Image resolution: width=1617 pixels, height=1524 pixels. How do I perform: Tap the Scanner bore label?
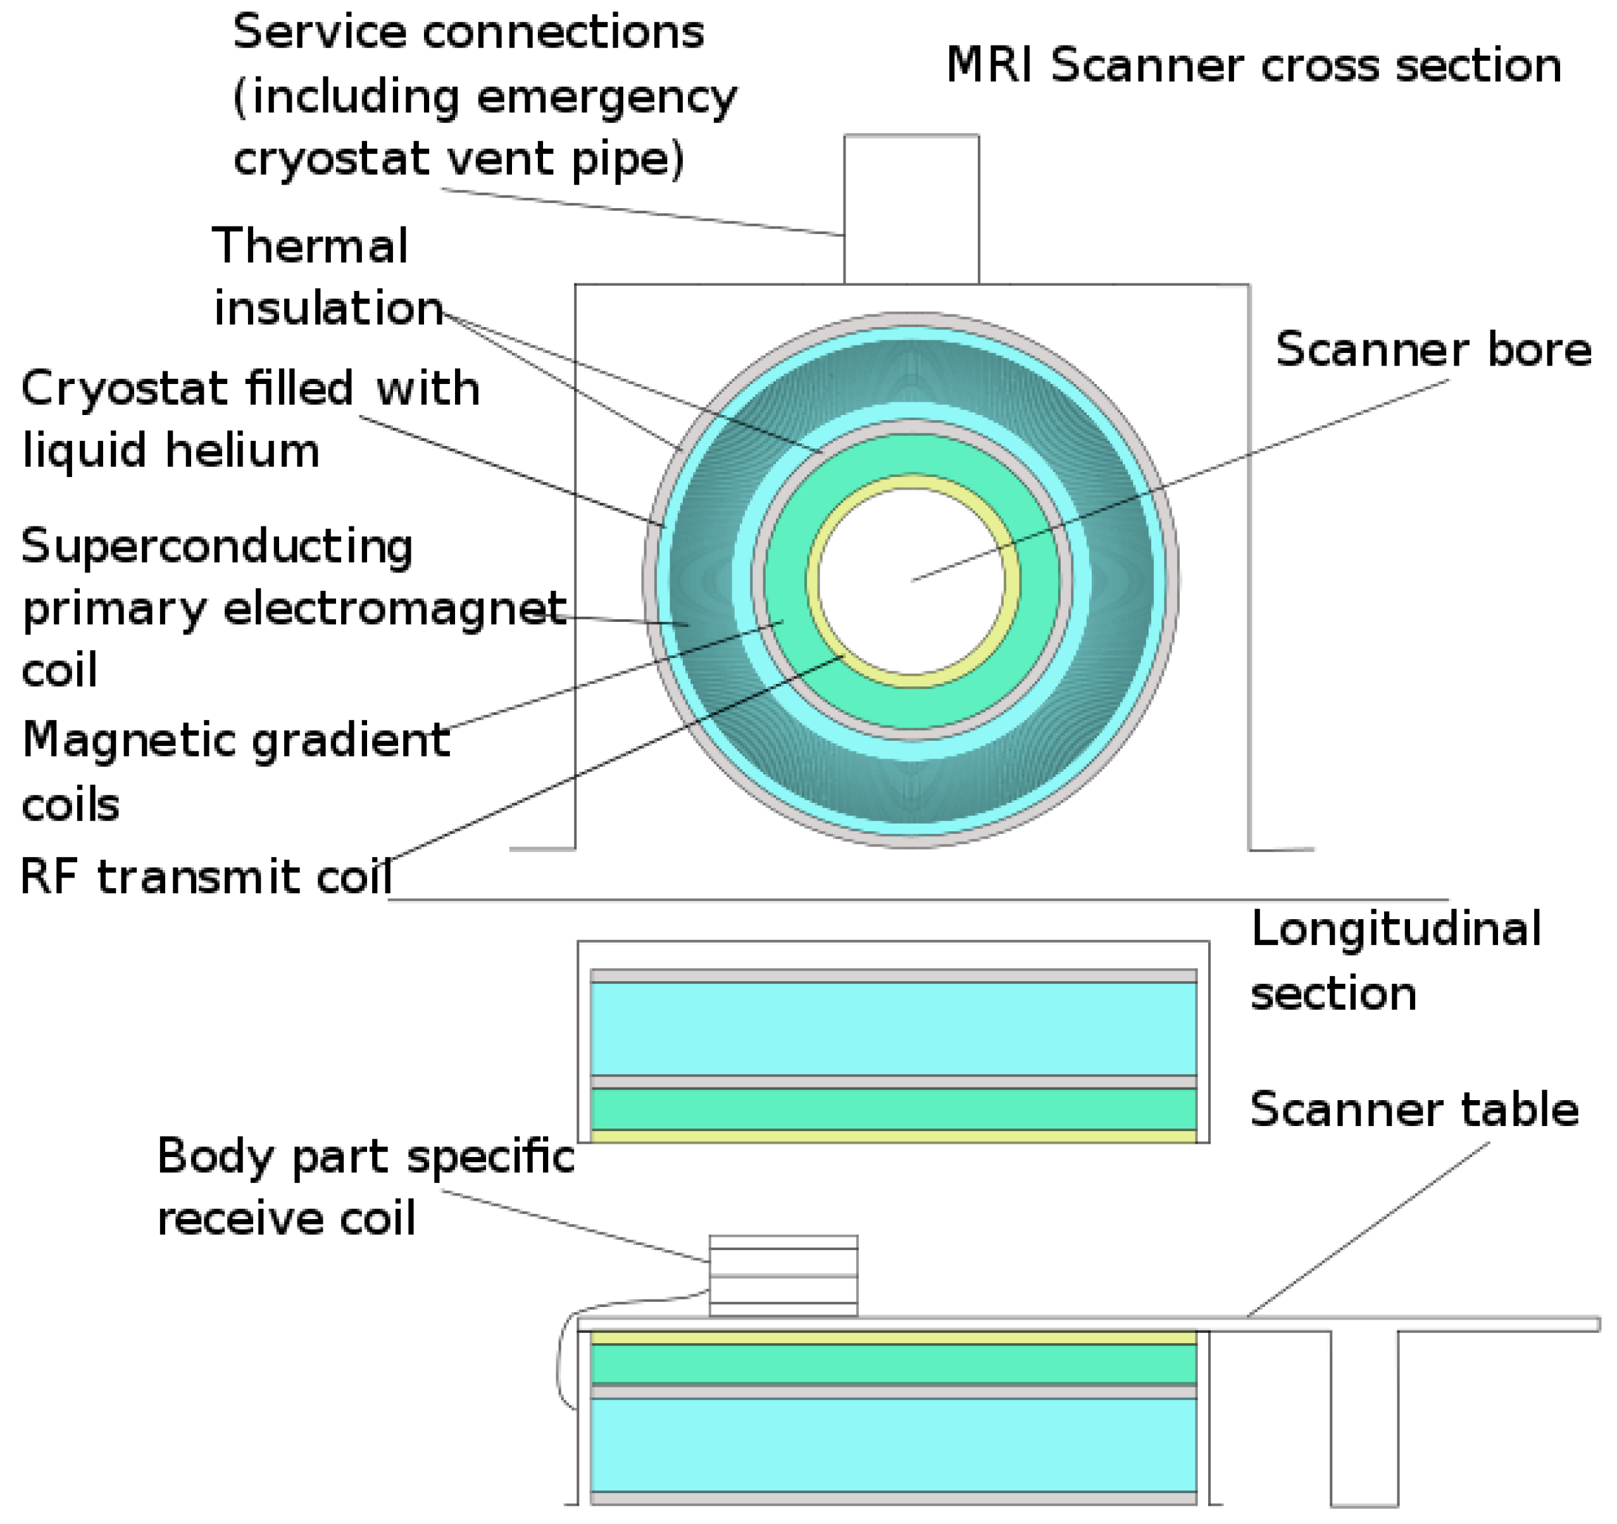(1432, 350)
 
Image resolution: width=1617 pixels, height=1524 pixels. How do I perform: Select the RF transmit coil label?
(206, 877)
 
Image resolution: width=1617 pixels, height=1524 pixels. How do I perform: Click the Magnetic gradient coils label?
(236, 771)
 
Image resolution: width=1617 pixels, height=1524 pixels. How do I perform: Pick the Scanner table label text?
(1414, 1109)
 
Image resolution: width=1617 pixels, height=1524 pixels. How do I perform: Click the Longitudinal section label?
(1395, 960)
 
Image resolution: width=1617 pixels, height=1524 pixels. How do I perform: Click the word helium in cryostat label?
(242, 450)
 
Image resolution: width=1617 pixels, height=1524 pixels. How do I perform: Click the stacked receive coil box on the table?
(782, 1275)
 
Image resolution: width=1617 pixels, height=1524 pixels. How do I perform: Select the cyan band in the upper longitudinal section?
(893, 1029)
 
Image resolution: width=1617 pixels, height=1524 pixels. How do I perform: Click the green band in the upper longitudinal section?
(893, 1109)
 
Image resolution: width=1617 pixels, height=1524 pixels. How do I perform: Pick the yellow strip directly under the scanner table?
(893, 1339)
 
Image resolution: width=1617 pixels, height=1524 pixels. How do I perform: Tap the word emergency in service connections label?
(606, 97)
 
